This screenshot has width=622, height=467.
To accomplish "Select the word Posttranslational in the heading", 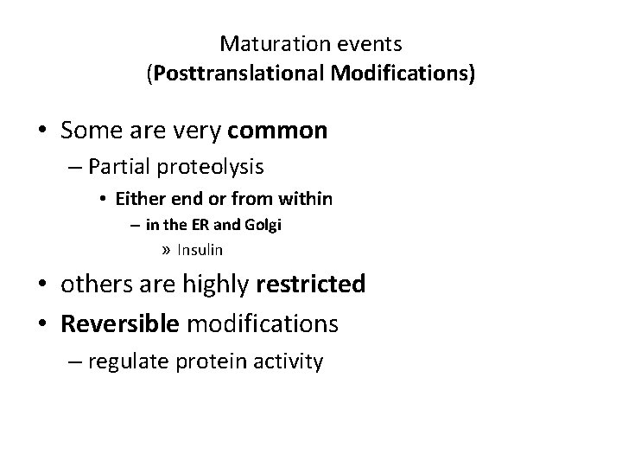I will pyautogui.click(x=225, y=74).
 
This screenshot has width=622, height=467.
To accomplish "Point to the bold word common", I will pyautogui.click(x=276, y=131).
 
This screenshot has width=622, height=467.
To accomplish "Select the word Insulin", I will pyautogui.click(x=200, y=250).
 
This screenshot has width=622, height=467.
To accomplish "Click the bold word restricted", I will pyautogui.click(x=310, y=284).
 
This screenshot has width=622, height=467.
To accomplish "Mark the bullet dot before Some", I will pyautogui.click(x=42, y=131).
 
